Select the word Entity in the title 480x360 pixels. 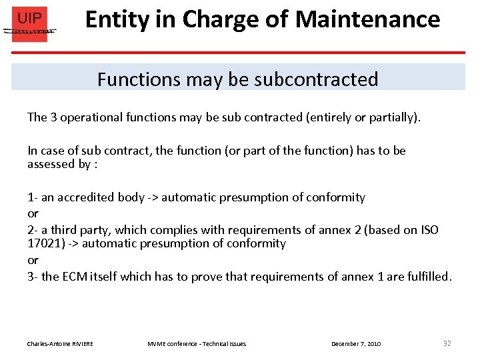pos(117,19)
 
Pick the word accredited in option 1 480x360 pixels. pos(89,197)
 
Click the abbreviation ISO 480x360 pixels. pos(428,230)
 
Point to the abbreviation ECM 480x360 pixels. pos(75,276)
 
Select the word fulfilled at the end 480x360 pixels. pos(427,276)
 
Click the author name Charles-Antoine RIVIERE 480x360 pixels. pos(60,344)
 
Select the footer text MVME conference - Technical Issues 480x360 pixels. pos(197,344)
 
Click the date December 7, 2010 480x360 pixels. pos(356,344)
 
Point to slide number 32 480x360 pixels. pos(447,343)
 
